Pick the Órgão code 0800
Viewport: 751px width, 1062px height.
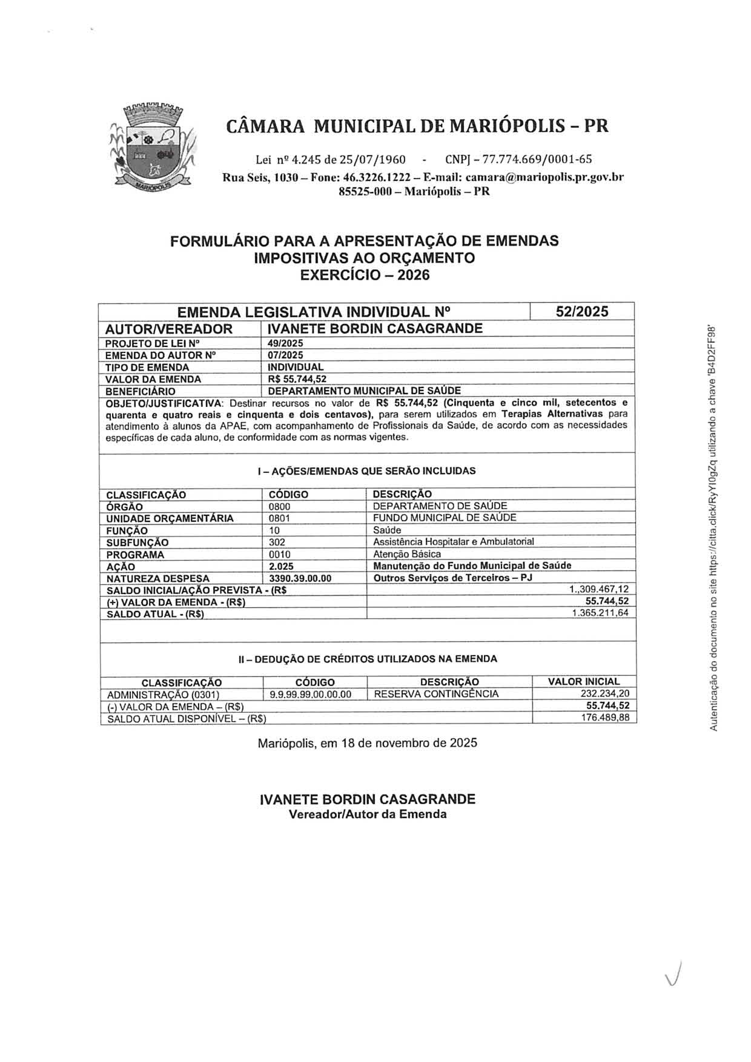point(280,506)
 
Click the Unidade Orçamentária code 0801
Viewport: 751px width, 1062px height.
point(280,518)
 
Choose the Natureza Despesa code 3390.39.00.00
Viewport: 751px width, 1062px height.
point(300,578)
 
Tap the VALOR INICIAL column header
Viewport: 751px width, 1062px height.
point(584,682)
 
